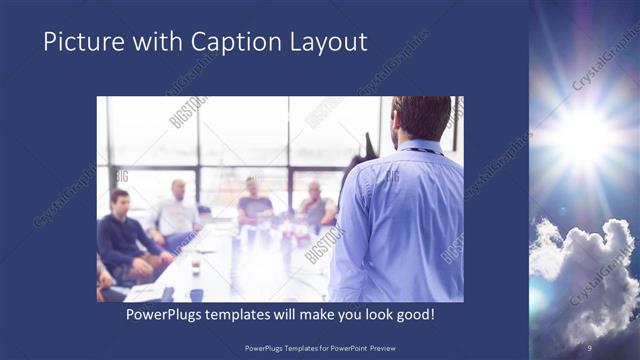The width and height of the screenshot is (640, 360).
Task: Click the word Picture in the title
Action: click(x=77, y=42)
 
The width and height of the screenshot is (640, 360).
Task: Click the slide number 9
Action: click(x=589, y=347)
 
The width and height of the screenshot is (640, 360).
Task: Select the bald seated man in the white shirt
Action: click(x=177, y=211)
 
